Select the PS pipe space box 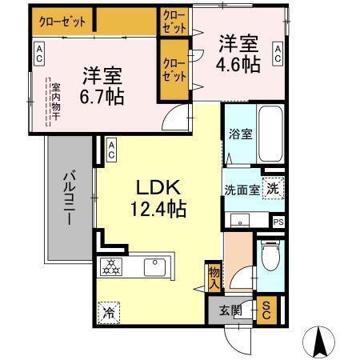click(x=278, y=222)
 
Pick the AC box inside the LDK click(x=111, y=149)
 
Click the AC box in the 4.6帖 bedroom click(x=278, y=54)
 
